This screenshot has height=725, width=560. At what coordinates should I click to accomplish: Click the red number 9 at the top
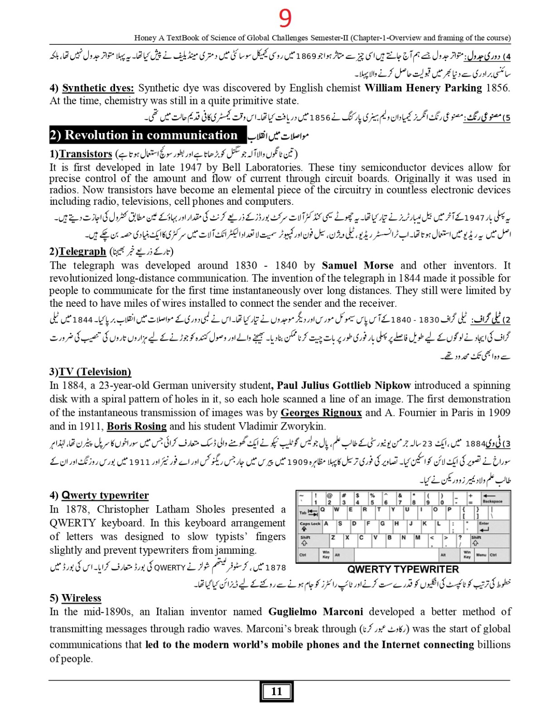[285, 19]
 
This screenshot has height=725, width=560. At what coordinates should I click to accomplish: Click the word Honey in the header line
[145, 38]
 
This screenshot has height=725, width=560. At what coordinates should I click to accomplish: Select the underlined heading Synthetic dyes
[98, 88]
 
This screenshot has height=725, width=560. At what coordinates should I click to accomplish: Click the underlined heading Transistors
[86, 154]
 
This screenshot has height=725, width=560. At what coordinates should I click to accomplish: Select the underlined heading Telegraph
[82, 251]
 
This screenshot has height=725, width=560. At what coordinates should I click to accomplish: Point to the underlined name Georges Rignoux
[321, 413]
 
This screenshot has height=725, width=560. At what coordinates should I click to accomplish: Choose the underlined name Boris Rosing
[137, 426]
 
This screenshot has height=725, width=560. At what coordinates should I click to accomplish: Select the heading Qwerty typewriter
[105, 495]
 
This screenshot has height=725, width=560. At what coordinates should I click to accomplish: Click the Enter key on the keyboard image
[485, 527]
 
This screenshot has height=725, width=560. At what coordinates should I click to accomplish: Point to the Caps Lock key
[310, 526]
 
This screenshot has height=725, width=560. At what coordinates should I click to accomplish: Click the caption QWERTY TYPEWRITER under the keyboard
[403, 570]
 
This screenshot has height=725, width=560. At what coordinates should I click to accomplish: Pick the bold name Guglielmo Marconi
[315, 612]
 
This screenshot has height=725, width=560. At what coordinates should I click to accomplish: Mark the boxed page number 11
[276, 691]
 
